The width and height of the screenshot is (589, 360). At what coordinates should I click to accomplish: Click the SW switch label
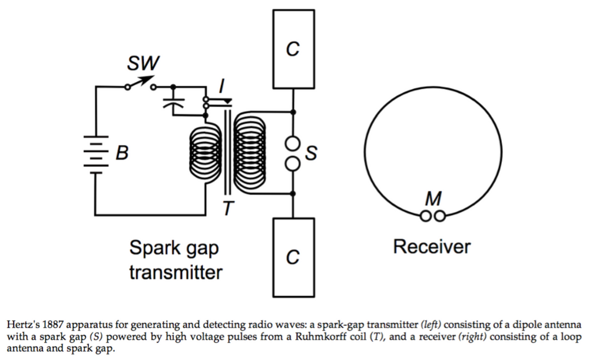click(143, 62)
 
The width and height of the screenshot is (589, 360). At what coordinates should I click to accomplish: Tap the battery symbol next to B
click(95, 153)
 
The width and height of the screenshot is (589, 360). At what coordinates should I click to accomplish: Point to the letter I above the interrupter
click(221, 87)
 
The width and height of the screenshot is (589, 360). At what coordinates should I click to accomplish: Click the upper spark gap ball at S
click(293, 143)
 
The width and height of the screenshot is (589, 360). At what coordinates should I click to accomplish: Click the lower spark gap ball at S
click(293, 163)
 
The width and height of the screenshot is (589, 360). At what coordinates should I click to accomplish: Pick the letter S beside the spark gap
click(312, 153)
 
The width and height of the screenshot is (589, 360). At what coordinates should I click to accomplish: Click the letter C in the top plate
click(293, 50)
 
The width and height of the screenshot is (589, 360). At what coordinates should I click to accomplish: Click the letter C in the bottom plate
click(293, 257)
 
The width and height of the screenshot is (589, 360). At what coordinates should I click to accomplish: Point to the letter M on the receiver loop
click(434, 200)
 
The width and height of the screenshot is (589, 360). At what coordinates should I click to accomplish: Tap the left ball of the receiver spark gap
click(427, 216)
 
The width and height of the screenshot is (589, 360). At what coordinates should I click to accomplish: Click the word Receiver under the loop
click(432, 246)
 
